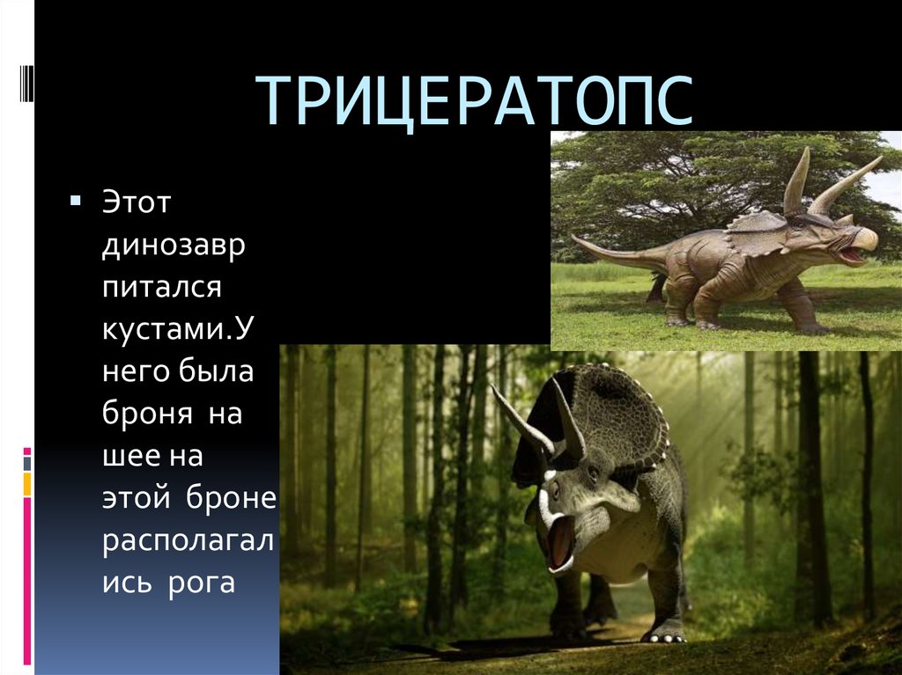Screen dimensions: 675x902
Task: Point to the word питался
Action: [x=161, y=287]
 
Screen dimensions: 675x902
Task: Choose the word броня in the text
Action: [x=145, y=413]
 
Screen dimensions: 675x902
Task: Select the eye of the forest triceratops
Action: [x=592, y=479]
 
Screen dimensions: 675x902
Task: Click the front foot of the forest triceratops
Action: [x=665, y=631]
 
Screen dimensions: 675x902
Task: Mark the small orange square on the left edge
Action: [x=27, y=483]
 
